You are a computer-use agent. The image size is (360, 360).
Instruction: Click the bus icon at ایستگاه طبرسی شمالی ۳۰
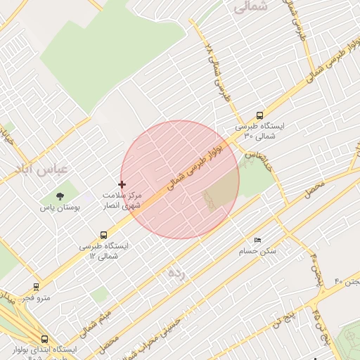point(260,115)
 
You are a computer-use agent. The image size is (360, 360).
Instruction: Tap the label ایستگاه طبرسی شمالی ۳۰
point(260,131)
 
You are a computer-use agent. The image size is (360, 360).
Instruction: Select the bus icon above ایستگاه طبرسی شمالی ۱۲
point(104,235)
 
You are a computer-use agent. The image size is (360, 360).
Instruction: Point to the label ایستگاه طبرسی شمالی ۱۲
point(105,250)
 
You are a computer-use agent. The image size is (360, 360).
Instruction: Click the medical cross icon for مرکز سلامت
point(122,184)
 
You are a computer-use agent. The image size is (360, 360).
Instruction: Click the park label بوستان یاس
point(60,208)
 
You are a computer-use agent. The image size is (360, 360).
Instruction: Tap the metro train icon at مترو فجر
point(36,286)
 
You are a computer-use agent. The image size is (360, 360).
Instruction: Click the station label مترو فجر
point(36,298)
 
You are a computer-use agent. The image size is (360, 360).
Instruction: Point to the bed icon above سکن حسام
point(257,240)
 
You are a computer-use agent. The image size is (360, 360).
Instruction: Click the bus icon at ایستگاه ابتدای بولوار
point(44,338)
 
